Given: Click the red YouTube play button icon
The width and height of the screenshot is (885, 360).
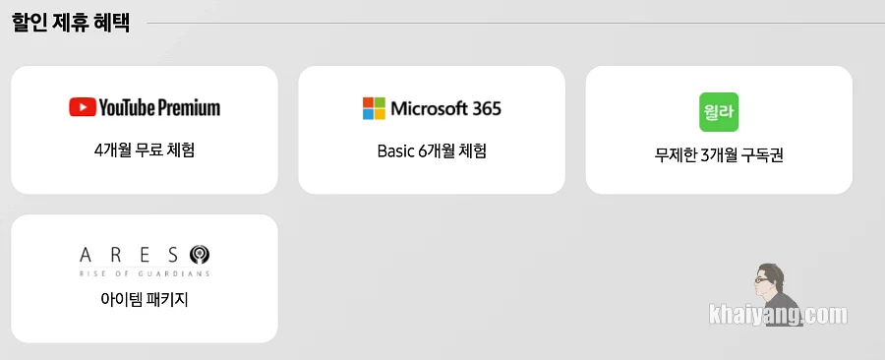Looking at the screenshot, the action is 83,107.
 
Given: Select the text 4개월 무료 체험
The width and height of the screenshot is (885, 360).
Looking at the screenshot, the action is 145,150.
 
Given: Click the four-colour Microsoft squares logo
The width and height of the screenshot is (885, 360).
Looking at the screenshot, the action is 374,108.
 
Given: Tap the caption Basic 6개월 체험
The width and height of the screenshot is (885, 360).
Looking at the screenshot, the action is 432,151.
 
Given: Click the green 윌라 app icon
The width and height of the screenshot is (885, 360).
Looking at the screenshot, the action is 719,112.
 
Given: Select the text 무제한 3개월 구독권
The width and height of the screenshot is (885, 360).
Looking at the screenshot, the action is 719,155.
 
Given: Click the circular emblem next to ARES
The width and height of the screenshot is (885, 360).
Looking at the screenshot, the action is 200,255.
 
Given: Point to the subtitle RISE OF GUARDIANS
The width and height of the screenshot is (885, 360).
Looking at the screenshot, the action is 145,273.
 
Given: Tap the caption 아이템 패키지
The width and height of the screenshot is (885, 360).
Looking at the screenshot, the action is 145,299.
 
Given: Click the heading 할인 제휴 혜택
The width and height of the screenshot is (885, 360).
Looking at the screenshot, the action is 71,24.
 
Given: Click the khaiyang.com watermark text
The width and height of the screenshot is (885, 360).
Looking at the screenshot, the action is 779,315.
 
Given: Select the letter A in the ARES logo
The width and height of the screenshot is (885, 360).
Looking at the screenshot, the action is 86,256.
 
